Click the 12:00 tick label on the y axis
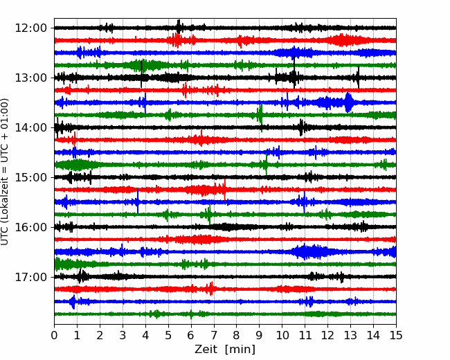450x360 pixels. point(30,28)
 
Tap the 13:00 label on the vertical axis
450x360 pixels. point(30,78)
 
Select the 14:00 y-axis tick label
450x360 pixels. point(30,127)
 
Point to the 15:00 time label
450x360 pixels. point(30,177)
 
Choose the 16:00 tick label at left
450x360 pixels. point(30,227)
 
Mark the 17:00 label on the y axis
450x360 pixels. point(30,277)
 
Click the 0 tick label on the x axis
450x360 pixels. point(54,335)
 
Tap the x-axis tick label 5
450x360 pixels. point(168,335)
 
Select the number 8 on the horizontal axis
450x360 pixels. point(237,335)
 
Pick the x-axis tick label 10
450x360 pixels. point(282,335)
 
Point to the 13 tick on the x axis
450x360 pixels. point(350,335)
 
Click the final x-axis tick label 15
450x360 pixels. point(396,335)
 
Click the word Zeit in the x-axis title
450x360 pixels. point(206,349)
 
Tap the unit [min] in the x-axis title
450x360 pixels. point(240,350)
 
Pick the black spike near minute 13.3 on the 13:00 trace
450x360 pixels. point(359,77)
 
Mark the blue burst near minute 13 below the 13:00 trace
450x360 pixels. point(348,102)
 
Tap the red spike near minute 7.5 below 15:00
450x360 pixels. point(225,189)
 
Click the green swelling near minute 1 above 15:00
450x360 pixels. point(77,165)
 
